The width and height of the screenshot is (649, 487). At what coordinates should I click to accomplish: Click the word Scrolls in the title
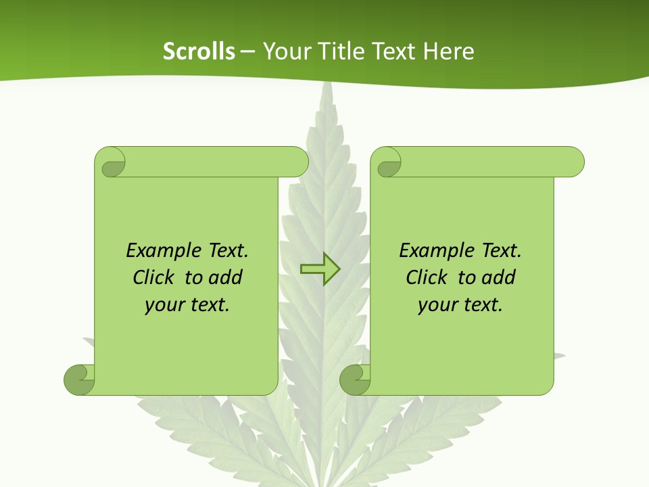[x=199, y=51]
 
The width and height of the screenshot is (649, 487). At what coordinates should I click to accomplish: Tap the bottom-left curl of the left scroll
[x=80, y=379]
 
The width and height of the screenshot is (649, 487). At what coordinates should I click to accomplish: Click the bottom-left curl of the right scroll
[x=355, y=379]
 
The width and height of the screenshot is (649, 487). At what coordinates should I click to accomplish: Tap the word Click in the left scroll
[x=153, y=277]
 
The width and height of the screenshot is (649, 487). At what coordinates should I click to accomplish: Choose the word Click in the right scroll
[x=427, y=277]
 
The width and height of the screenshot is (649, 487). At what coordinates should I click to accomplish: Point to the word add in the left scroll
[x=225, y=277]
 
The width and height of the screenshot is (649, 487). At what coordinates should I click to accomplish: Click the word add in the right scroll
[x=498, y=277]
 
